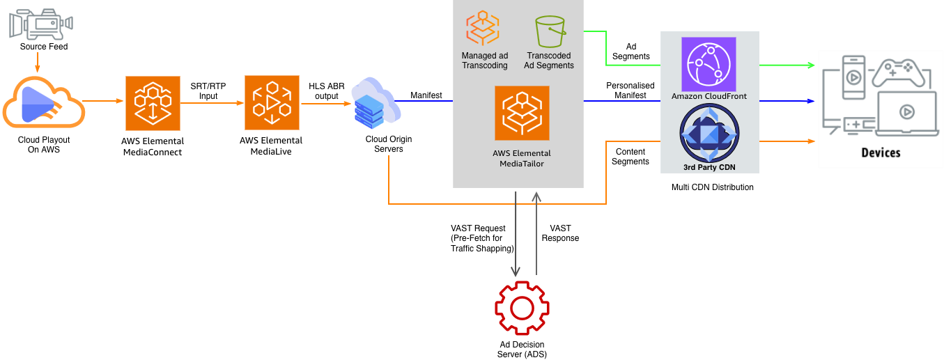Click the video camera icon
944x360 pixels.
40,24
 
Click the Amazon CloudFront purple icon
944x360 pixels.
709,64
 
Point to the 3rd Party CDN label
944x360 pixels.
709,167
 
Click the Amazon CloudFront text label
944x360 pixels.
709,96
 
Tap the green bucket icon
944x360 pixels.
550,31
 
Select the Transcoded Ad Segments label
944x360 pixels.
549,61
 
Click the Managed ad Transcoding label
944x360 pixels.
485,61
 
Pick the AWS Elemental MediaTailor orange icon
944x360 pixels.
522,113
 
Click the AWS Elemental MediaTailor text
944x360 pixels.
521,158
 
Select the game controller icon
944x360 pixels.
899,73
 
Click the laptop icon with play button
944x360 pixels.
906,113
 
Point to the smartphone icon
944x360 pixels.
853,77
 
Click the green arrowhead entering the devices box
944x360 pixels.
812,65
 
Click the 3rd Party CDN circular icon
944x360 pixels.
709,134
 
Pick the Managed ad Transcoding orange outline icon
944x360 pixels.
482,29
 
